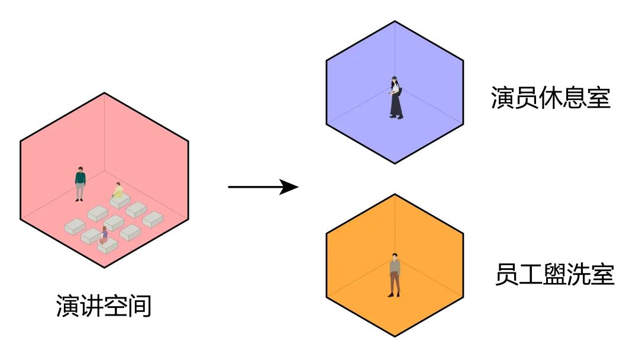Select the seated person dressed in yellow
click(x=118, y=191)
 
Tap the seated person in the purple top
click(x=104, y=235)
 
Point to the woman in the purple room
click(x=395, y=97)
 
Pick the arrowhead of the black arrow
click(x=290, y=188)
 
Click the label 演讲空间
click(x=104, y=306)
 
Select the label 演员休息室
click(x=550, y=98)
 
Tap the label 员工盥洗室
click(x=554, y=275)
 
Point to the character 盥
click(x=555, y=275)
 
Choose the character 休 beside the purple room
click(x=551, y=98)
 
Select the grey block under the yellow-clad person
click(x=120, y=202)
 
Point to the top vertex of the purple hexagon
click(x=395, y=21)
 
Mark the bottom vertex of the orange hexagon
click(x=395, y=337)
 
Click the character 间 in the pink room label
click(x=141, y=306)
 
